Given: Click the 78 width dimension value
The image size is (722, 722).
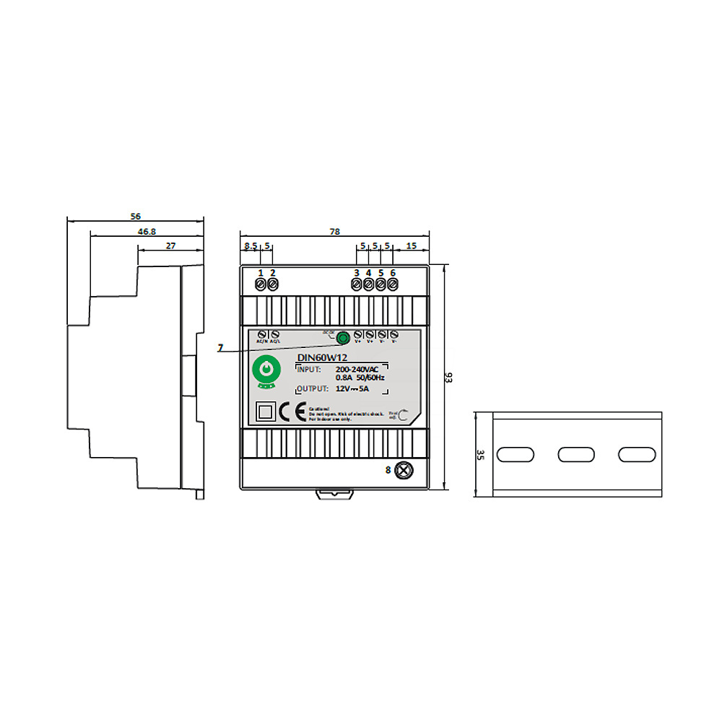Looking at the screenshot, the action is [x=334, y=232].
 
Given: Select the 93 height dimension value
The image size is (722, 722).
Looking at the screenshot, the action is [x=449, y=379].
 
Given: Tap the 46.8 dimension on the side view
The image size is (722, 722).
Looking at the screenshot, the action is [x=147, y=232].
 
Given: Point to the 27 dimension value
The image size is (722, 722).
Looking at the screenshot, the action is [x=171, y=246].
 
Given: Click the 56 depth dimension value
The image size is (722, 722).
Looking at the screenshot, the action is [x=135, y=216].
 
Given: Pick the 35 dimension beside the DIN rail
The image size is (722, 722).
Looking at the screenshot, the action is [x=480, y=455].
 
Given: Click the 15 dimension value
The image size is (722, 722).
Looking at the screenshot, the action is [x=412, y=246].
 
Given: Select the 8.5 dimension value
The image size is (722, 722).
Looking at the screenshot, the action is [x=251, y=246].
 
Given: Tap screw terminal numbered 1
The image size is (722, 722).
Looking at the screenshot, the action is [x=261, y=284].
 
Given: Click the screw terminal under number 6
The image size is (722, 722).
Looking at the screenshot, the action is [x=393, y=284].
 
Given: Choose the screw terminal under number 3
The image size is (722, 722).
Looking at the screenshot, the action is [x=357, y=284].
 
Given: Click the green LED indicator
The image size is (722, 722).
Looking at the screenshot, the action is [x=344, y=337].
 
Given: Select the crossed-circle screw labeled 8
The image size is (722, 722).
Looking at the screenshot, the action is [x=405, y=470].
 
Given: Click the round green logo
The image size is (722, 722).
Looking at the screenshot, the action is [x=266, y=371].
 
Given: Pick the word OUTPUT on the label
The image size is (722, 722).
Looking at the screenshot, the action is [x=314, y=389].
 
